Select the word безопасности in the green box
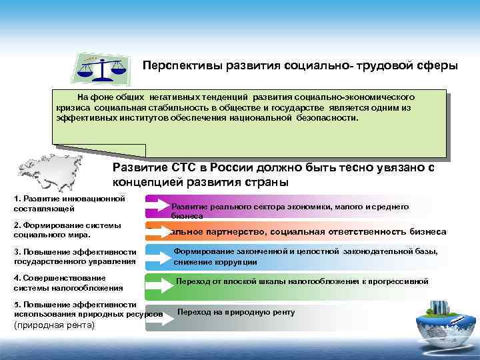tap(323, 117)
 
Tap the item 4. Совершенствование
tap(60, 277)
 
